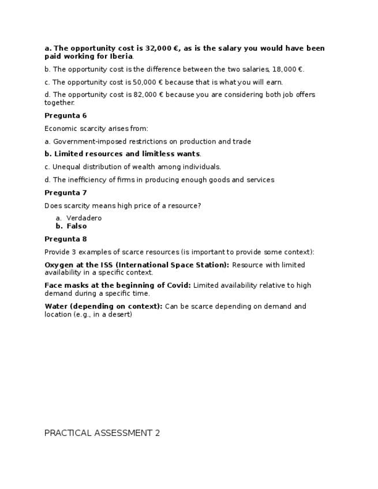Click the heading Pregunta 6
[x=65, y=116]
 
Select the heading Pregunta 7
[x=65, y=193]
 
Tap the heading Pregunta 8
[x=65, y=239]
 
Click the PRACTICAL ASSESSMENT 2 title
[x=102, y=433]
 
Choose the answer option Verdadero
[x=84, y=218]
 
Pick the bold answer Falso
[x=77, y=226]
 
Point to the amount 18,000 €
[x=287, y=69]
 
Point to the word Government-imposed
[x=86, y=141]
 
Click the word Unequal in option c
[x=67, y=167]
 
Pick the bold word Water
[x=55, y=306]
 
